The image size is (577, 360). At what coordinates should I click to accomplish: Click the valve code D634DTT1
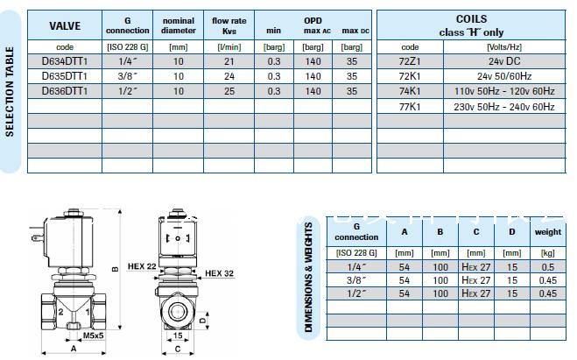65,61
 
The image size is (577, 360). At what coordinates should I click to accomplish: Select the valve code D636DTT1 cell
65,91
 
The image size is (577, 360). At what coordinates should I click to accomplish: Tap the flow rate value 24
229,76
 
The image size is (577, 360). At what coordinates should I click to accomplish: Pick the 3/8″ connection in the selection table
128,76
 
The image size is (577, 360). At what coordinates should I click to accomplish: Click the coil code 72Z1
410,61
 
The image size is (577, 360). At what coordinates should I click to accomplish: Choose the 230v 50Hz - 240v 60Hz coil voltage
503,107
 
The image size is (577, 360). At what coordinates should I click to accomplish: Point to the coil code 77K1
410,107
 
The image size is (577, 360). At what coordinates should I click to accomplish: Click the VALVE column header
65,25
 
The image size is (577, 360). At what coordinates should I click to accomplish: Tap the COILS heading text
471,18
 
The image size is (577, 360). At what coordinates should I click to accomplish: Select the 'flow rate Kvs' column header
229,25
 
